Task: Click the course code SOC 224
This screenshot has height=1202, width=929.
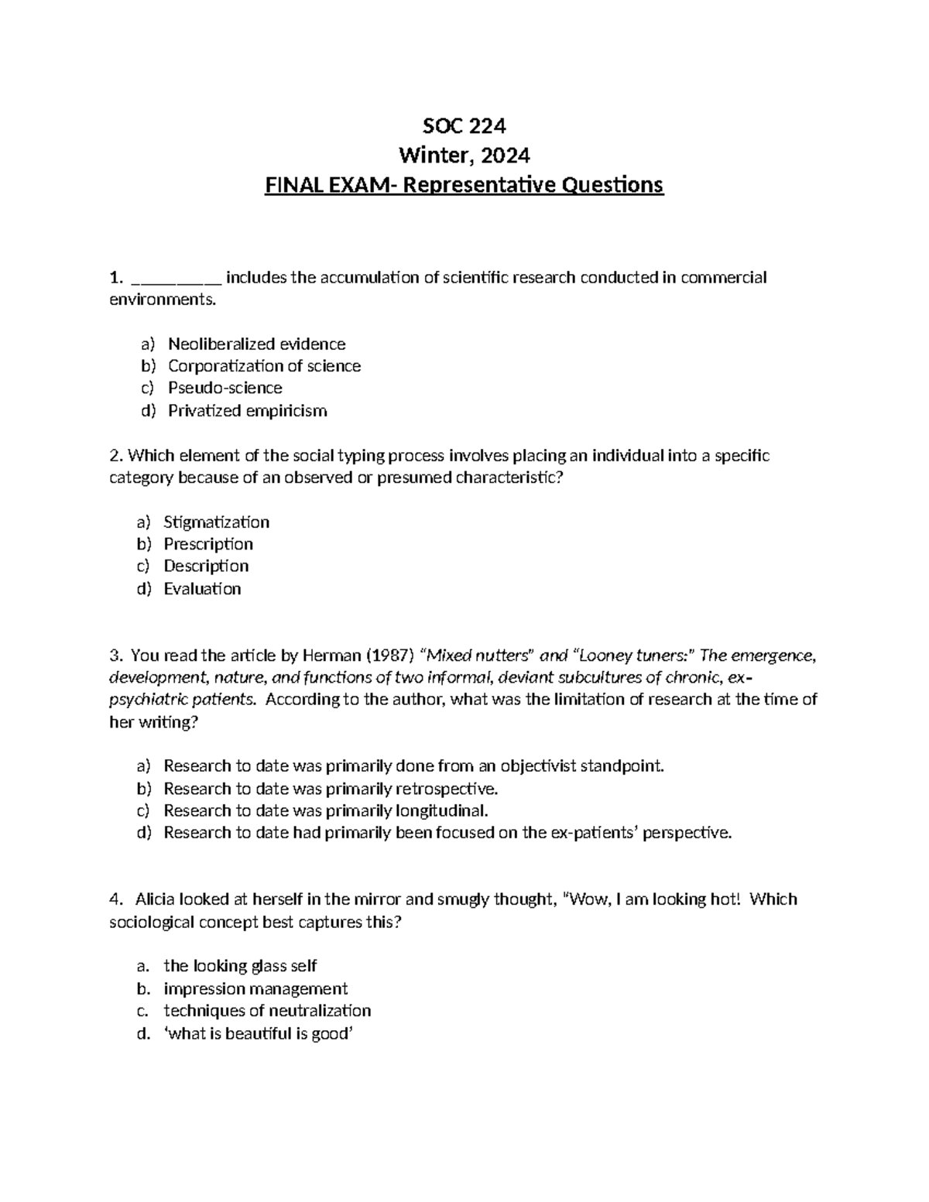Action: [464, 125]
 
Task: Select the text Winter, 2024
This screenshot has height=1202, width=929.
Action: [464, 156]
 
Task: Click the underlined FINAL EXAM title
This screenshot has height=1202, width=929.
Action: [464, 186]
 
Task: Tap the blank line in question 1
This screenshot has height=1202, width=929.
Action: [177, 279]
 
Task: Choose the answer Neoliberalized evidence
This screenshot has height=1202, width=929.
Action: [256, 344]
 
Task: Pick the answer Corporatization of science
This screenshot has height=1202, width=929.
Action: [264, 366]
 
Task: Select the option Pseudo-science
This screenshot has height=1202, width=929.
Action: [225, 388]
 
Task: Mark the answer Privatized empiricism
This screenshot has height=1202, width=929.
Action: [247, 410]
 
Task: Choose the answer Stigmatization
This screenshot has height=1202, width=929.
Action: [216, 522]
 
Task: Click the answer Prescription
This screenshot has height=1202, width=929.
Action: [208, 544]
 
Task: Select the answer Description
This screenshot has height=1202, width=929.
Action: [206, 566]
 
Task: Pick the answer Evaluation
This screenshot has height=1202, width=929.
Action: [202, 588]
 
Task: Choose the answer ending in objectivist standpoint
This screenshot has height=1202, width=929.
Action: [414, 766]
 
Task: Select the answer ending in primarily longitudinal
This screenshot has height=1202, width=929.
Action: [326, 810]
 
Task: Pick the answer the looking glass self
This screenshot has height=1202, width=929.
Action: [240, 966]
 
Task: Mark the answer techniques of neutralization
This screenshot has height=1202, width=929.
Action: [267, 1011]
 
